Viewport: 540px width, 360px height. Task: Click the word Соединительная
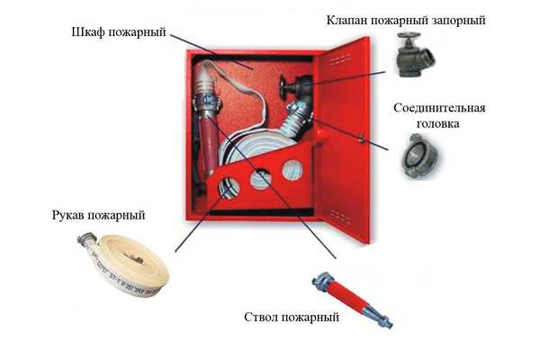click(439, 108)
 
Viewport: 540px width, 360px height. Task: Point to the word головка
click(437, 123)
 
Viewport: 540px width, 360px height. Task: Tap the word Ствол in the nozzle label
click(260, 317)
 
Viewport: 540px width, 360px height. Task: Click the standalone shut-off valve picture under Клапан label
click(414, 54)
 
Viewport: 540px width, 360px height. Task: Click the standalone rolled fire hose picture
click(125, 264)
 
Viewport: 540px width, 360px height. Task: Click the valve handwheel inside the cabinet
click(283, 87)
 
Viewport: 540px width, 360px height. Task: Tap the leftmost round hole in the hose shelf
click(229, 188)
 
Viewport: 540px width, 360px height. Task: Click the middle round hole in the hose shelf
click(261, 179)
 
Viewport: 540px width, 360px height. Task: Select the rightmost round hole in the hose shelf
click(292, 170)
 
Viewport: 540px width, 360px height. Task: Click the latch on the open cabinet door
click(361, 138)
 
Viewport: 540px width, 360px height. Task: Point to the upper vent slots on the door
click(340, 60)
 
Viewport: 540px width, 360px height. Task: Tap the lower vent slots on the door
click(340, 217)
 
